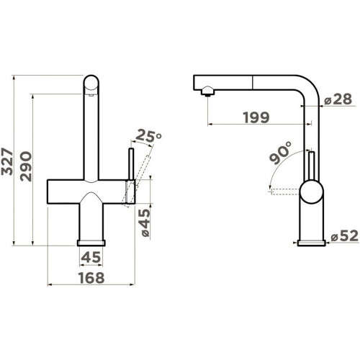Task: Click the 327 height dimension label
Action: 7,161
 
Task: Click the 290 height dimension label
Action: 26,166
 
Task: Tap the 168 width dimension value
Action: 91,278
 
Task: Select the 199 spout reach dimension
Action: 256,117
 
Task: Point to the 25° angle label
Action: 148,136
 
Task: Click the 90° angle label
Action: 281,153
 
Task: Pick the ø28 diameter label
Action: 338,99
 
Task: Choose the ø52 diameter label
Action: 344,236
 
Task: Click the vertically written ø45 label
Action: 145,222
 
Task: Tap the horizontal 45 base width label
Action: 91,257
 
